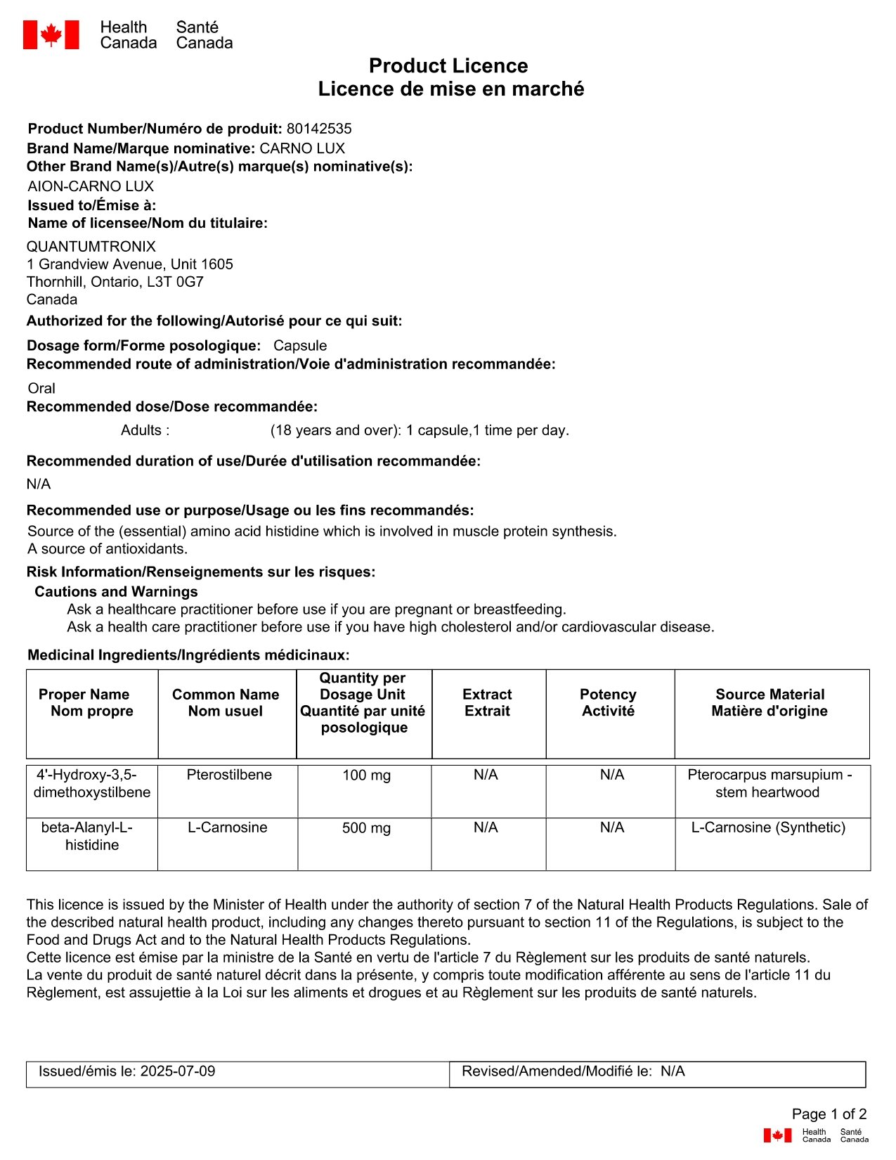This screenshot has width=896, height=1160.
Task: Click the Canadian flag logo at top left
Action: pyautogui.click(x=51, y=34)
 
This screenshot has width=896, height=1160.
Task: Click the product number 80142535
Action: pyautogui.click(x=319, y=129)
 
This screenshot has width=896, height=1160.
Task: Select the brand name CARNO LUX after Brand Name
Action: pyautogui.click(x=302, y=148)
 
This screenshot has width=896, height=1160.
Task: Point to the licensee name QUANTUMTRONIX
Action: pyautogui.click(x=91, y=247)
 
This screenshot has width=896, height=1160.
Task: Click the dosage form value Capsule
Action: pyautogui.click(x=300, y=346)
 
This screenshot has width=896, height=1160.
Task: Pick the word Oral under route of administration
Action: pyautogui.click(x=41, y=388)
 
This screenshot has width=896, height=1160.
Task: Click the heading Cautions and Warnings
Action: pyautogui.click(x=116, y=592)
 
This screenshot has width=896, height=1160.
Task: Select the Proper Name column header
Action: pyautogui.click(x=85, y=702)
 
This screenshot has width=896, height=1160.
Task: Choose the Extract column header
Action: pyautogui.click(x=487, y=702)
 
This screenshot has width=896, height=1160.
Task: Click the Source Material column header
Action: pyautogui.click(x=770, y=702)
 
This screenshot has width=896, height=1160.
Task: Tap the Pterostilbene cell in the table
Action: pyautogui.click(x=229, y=775)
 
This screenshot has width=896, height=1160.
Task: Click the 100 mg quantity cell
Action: pyautogui.click(x=366, y=775)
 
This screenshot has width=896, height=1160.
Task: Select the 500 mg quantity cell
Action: pyautogui.click(x=366, y=828)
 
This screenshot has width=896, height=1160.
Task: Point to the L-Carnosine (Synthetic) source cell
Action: pyautogui.click(x=768, y=827)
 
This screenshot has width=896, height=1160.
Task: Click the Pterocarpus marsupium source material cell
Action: pyautogui.click(x=769, y=783)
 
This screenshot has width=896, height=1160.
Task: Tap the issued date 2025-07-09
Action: pyautogui.click(x=178, y=1071)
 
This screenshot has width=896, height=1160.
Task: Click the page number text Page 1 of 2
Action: pyautogui.click(x=829, y=1114)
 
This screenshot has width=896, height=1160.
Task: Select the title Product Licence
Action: pyautogui.click(x=448, y=66)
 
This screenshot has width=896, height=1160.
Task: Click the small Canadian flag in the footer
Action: pyautogui.click(x=777, y=1135)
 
